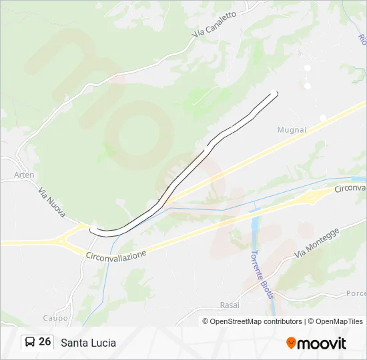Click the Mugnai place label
[x=292, y=130]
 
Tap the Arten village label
[x=24, y=175]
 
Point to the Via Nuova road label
[x=51, y=201]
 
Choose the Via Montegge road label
[x=317, y=243]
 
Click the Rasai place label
[x=230, y=305]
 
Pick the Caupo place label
[x=55, y=318]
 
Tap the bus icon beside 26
[x=30, y=342]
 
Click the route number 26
[x=45, y=342]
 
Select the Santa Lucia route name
[x=88, y=343]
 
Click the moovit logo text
[x=322, y=343]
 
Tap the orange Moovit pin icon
[x=291, y=343]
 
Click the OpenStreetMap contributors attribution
[x=252, y=321]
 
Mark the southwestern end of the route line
[x=92, y=231]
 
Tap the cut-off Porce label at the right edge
[x=356, y=293]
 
